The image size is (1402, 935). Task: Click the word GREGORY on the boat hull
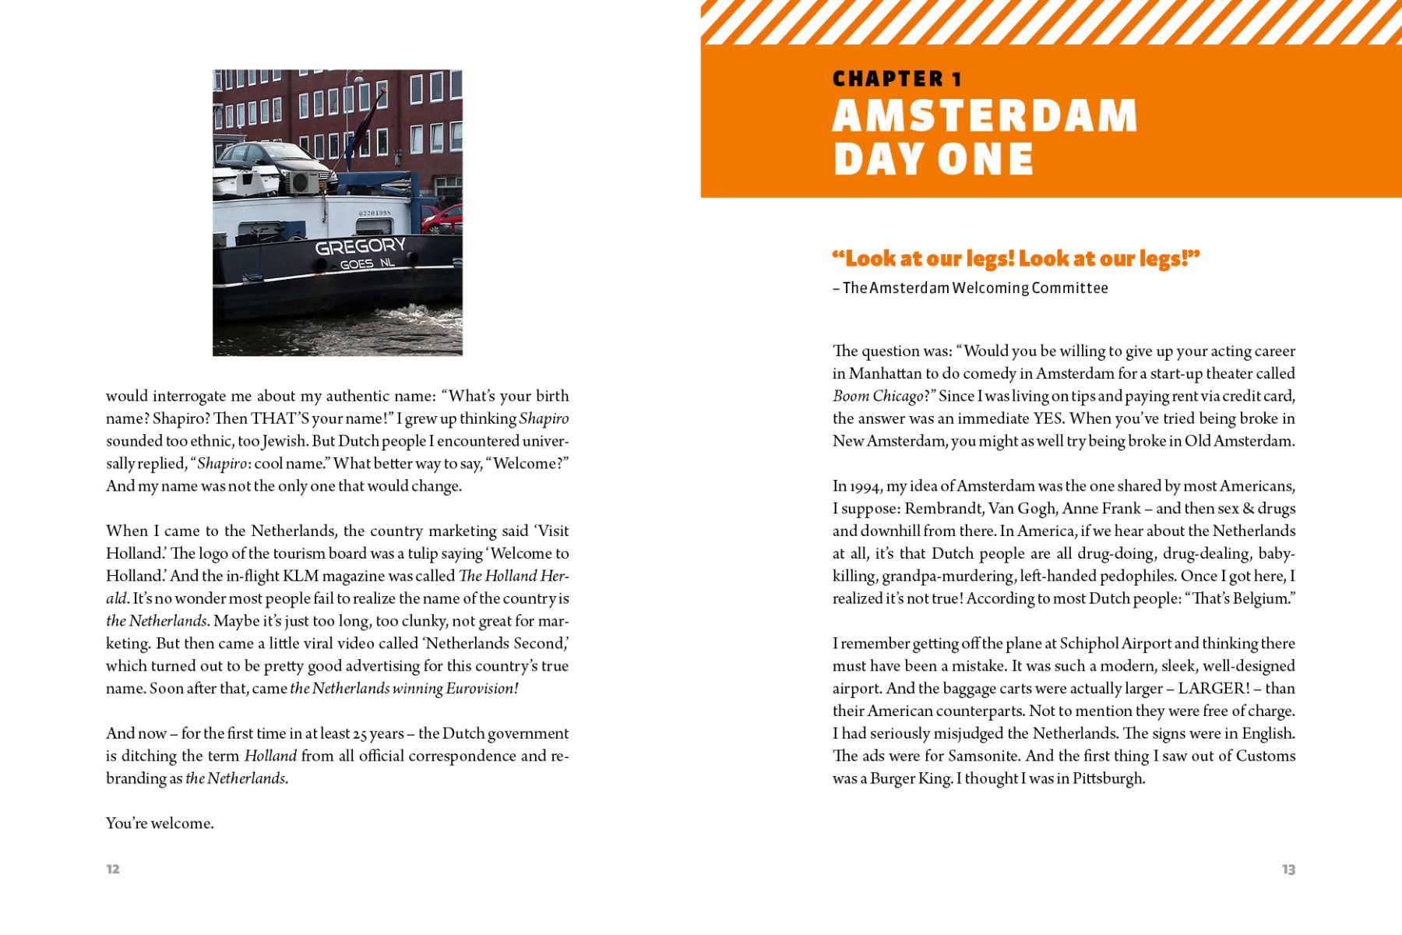click(360, 247)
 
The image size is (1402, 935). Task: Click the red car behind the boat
click(443, 220)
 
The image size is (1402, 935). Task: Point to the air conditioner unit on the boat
click(303, 183)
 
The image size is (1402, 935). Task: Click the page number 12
click(113, 869)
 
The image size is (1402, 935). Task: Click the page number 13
click(1288, 869)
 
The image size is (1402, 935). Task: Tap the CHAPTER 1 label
click(897, 79)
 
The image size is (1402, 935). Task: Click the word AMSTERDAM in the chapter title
click(985, 116)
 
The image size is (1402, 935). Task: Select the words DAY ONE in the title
click(933, 160)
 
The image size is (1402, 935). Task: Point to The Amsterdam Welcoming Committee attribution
click(974, 288)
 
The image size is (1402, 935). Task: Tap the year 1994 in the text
click(865, 487)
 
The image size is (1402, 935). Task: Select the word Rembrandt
click(942, 509)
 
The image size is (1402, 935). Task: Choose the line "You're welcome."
click(160, 824)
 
